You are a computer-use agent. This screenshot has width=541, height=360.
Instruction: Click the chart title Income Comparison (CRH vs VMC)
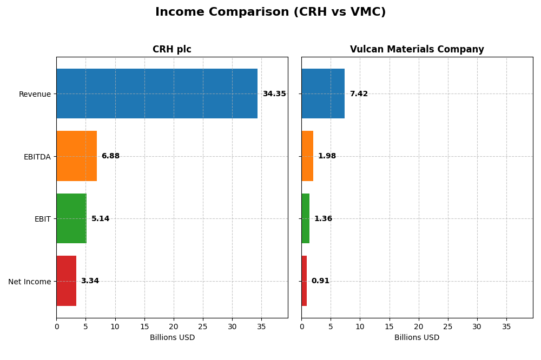[270, 12]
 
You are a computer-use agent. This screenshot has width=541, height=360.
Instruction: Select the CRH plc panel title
[171, 50]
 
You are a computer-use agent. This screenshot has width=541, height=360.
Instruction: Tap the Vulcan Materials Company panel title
[417, 50]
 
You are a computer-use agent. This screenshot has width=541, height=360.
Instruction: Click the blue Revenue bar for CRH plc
[157, 94]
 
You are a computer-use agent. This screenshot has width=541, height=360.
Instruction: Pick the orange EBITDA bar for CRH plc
[76, 156]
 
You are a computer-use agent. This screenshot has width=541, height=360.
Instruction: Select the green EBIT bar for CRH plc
[71, 218]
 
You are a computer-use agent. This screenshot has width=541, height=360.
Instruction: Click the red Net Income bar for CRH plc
[66, 281]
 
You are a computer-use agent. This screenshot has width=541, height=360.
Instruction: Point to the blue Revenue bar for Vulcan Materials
[323, 94]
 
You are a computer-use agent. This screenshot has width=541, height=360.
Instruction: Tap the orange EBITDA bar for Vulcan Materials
[307, 156]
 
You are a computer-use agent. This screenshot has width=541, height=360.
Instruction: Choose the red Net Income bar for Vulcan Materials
[304, 281]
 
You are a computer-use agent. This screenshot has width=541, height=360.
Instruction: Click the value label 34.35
[274, 94]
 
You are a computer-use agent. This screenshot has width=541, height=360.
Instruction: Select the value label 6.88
[110, 156]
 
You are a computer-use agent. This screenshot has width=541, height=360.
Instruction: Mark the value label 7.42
[359, 94]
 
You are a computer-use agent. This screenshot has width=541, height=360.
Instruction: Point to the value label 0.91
[320, 281]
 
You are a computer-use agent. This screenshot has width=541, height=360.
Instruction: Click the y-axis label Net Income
[29, 282]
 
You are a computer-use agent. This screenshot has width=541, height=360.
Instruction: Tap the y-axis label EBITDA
[37, 157]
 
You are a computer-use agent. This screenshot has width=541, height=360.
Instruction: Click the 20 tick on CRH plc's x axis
[174, 327]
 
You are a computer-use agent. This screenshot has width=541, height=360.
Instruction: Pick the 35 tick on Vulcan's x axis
[506, 327]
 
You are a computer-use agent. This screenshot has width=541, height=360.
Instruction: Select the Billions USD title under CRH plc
[172, 338]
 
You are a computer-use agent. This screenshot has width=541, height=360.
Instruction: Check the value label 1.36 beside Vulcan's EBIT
[323, 219]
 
